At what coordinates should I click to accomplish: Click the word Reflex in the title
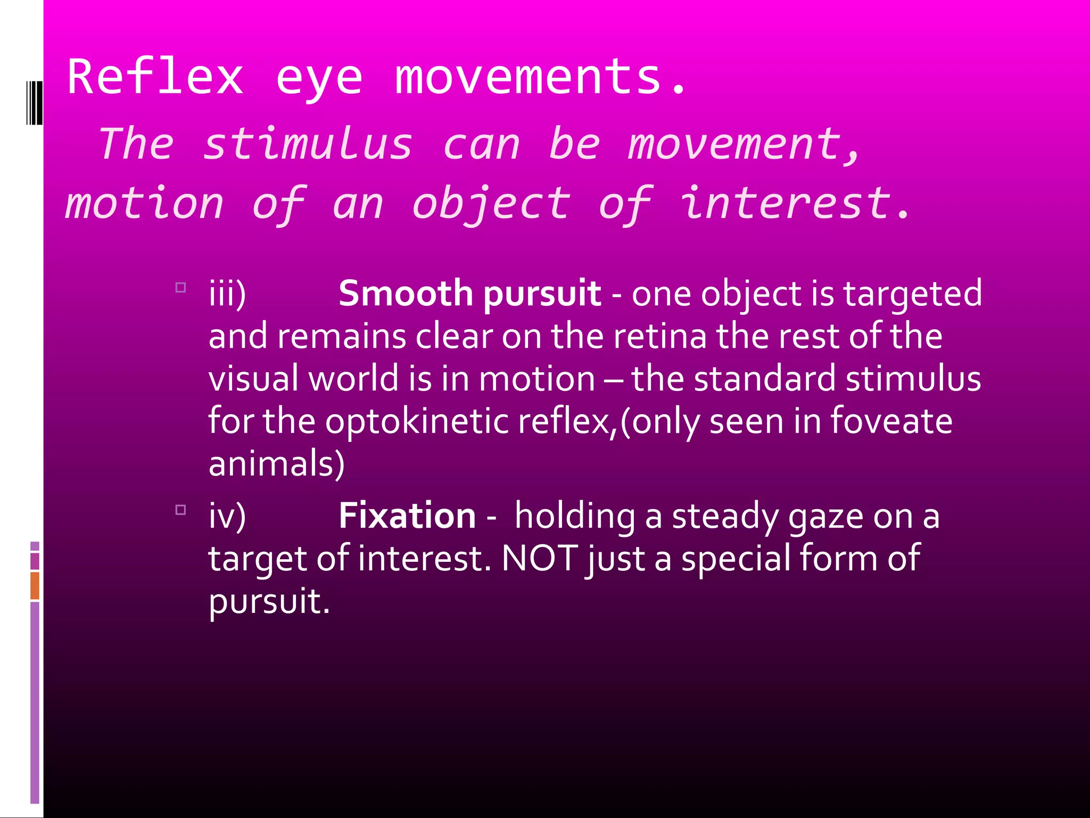point(155,77)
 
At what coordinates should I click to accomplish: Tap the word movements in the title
point(528,77)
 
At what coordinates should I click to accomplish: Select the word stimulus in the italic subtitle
point(308,144)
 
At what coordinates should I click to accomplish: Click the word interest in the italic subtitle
point(786,203)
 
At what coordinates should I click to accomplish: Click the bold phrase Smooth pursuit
point(470,293)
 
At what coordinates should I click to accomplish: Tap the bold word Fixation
point(407,516)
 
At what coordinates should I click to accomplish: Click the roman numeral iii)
point(227,293)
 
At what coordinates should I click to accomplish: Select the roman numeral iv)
point(227,516)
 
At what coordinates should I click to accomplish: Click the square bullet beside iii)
point(181,288)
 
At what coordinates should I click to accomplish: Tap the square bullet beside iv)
point(181,510)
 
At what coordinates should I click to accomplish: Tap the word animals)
point(277,463)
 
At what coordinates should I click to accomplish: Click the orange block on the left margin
point(35,585)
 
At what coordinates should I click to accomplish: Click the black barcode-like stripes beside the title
point(34,103)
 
